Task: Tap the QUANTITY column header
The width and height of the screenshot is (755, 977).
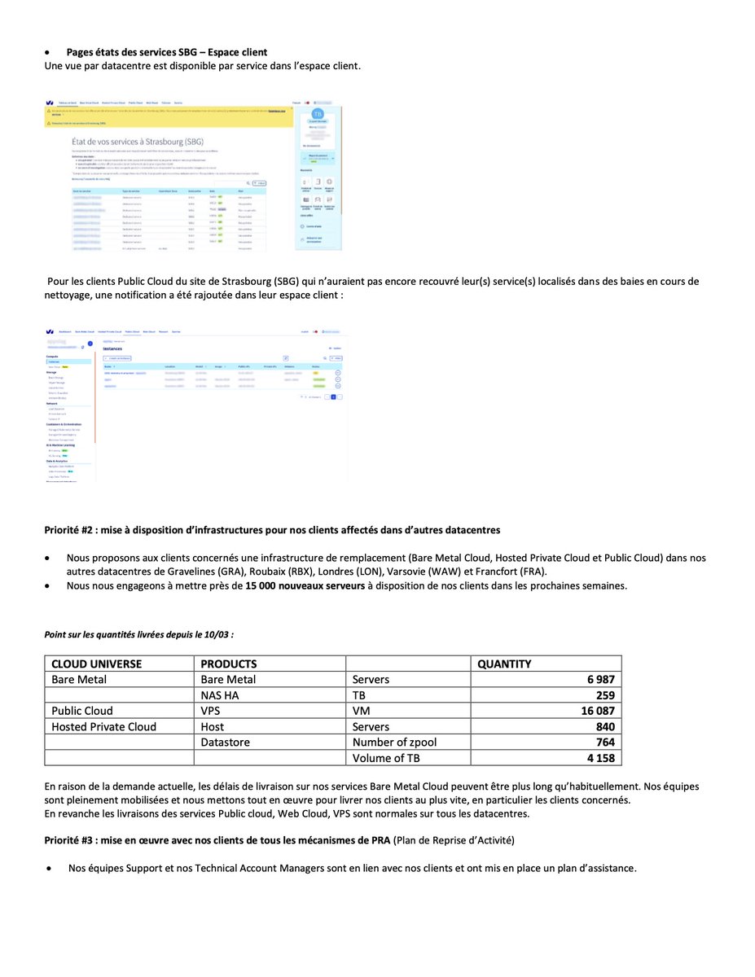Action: (x=504, y=664)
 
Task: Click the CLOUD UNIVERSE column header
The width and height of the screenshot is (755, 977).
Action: (x=96, y=664)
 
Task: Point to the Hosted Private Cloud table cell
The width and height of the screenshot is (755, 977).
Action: (x=103, y=726)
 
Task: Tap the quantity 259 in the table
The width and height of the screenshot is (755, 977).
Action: (x=604, y=695)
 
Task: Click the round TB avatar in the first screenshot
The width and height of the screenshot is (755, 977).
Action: (x=318, y=114)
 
